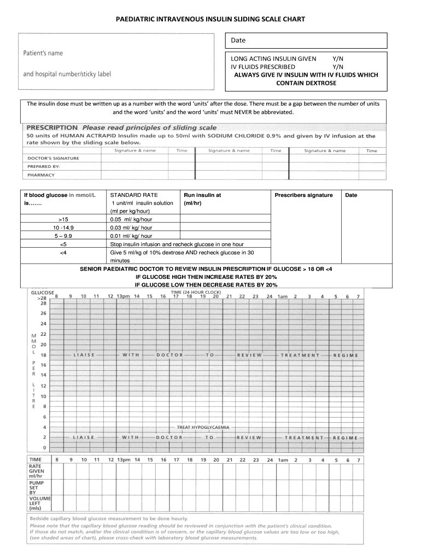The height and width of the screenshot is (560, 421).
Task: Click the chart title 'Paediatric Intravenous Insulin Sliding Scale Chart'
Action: coord(210,19)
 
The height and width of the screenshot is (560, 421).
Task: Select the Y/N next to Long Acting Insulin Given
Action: coord(338,59)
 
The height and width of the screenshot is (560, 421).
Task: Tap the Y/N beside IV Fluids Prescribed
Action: coord(338,67)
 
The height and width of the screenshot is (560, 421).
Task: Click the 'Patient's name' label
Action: coord(43,53)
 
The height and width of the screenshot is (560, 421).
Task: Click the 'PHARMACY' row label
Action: coord(42,175)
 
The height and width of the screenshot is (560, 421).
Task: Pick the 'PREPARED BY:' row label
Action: coord(44,166)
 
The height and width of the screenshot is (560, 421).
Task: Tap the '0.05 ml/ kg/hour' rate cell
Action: coord(131,219)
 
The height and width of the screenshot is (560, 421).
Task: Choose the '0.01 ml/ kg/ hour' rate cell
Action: coord(131,236)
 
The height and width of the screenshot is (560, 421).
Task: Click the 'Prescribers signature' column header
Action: coord(303,195)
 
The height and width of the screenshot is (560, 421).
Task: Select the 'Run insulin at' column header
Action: coord(202,195)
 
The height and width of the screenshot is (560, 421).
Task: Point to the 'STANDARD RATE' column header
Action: coord(134,195)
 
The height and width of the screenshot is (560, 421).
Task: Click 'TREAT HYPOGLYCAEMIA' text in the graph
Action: coord(203,427)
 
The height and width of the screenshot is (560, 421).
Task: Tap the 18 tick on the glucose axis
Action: coord(43,355)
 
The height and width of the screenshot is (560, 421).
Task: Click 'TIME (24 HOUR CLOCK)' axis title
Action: coord(196,293)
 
